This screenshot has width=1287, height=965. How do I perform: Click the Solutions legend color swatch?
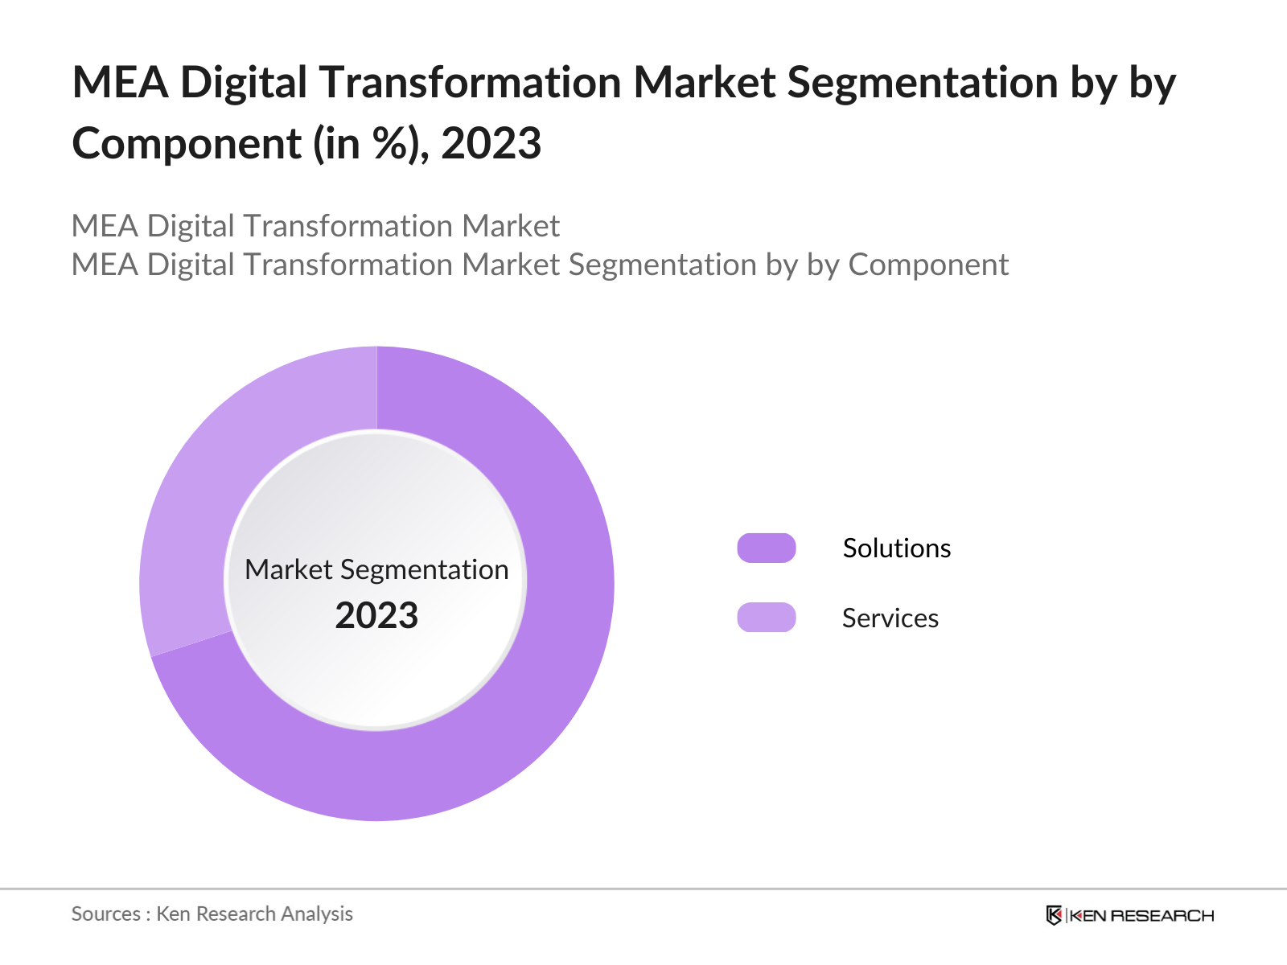pyautogui.click(x=766, y=548)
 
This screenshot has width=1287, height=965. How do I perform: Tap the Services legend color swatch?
pyautogui.click(x=766, y=618)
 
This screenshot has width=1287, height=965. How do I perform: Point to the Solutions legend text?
pyautogui.click(x=896, y=548)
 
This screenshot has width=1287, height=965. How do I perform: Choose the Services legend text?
pyautogui.click(x=890, y=618)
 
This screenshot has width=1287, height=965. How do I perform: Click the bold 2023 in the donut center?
pyautogui.click(x=376, y=616)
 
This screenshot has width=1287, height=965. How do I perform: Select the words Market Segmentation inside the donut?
pyautogui.click(x=376, y=569)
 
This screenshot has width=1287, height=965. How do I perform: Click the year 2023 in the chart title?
pyautogui.click(x=491, y=144)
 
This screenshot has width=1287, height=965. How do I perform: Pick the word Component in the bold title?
pyautogui.click(x=186, y=144)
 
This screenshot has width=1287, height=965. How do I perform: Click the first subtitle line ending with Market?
pyautogui.click(x=315, y=226)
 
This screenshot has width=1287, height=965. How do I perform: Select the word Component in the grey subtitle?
pyautogui.click(x=927, y=265)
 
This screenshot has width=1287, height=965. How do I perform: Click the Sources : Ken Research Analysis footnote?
pyautogui.click(x=212, y=914)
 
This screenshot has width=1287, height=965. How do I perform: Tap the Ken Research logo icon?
pyautogui.click(x=1054, y=915)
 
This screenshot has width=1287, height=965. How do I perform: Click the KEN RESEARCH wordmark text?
pyautogui.click(x=1141, y=916)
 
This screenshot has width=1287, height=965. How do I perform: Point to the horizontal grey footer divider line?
pyautogui.click(x=643, y=889)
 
